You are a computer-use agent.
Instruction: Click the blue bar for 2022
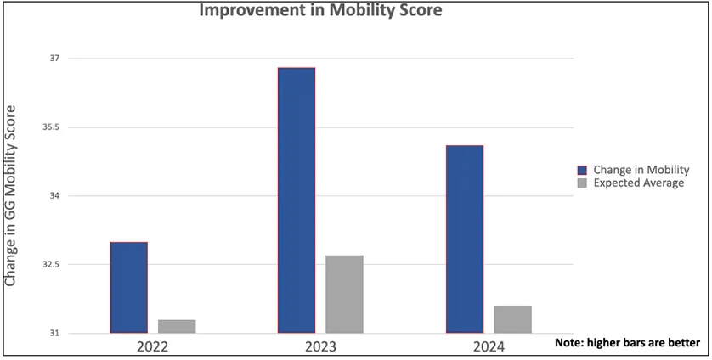(x=128, y=288)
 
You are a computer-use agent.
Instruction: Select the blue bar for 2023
(x=297, y=200)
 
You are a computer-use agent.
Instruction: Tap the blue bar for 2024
(x=465, y=239)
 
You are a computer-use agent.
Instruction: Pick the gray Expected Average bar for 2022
(x=177, y=326)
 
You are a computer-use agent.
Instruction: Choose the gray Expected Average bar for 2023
(x=344, y=294)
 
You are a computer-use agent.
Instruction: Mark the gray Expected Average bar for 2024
(x=512, y=319)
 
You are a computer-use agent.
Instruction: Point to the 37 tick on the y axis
(x=54, y=59)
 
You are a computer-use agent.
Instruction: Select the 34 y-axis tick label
(x=54, y=196)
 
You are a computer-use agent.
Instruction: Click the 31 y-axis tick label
(x=54, y=333)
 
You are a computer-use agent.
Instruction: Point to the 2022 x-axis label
(x=152, y=347)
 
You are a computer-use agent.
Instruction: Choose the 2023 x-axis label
(x=320, y=347)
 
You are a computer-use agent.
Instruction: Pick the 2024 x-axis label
(x=489, y=347)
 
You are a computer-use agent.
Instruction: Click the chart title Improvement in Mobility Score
(x=321, y=11)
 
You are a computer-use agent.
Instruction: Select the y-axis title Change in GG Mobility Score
(x=12, y=195)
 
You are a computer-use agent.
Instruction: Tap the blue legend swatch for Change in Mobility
(x=582, y=170)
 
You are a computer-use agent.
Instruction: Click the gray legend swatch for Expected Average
(x=582, y=183)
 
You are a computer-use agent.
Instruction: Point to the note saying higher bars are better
(x=627, y=343)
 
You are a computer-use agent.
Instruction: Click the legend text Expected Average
(x=638, y=183)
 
